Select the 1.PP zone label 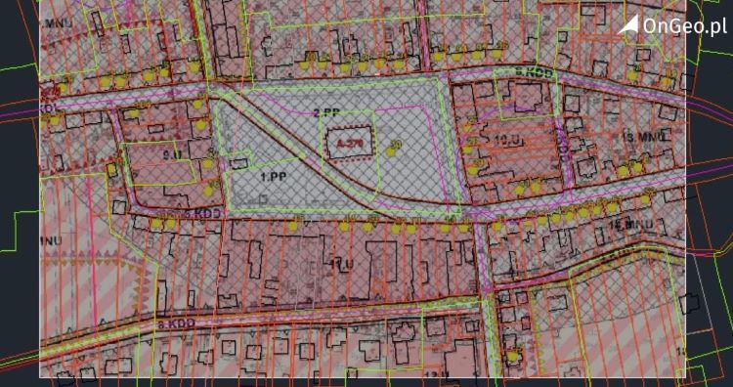coord(273,177)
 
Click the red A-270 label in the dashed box coord(348,144)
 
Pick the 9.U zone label coord(172,153)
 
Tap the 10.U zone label coord(505,140)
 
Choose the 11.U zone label coord(342,264)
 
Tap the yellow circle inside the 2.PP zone coord(395,148)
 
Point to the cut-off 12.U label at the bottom coord(433,374)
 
